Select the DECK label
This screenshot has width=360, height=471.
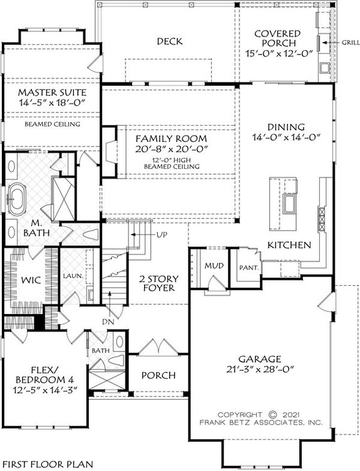pos(169,42)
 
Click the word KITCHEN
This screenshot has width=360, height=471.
pos(289,245)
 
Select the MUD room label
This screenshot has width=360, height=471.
pos(210,266)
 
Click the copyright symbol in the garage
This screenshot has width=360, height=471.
pos(272,414)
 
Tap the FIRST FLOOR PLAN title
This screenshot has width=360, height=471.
pos(47,464)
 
